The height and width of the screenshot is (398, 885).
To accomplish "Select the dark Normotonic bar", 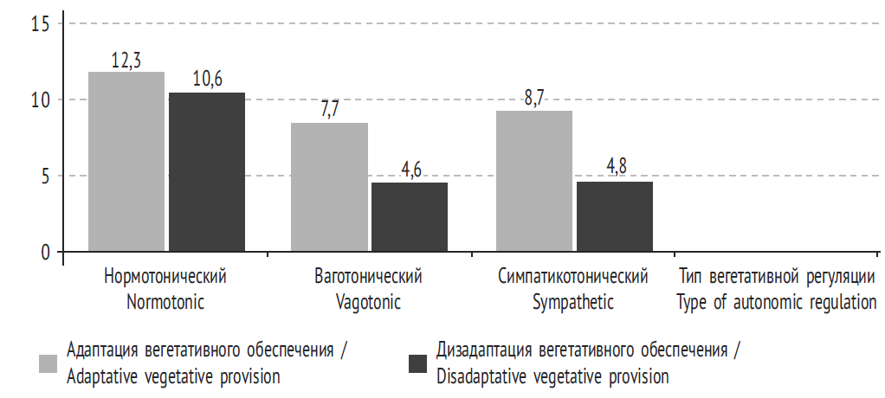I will tap(207, 172).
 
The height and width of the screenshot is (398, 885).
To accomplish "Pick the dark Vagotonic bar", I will tap(410, 217).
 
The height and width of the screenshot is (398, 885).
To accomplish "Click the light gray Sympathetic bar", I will tap(534, 181).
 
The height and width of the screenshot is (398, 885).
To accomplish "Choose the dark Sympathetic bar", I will tap(615, 217).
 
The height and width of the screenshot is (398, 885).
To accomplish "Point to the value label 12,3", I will tap(126, 61).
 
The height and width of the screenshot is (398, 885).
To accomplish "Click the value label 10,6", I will tap(207, 80).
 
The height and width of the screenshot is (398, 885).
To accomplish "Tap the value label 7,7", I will tap(329, 111).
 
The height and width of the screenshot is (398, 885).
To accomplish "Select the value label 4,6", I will tap(410, 170).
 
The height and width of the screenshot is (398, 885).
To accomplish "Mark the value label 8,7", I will tap(534, 99).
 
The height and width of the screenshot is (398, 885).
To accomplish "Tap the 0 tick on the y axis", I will tap(46, 253).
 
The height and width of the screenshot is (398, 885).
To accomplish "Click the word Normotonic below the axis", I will tap(165, 303).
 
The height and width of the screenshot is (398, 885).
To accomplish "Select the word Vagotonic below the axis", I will tap(368, 303).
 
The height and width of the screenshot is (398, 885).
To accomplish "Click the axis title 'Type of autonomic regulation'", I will tap(777, 303).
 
